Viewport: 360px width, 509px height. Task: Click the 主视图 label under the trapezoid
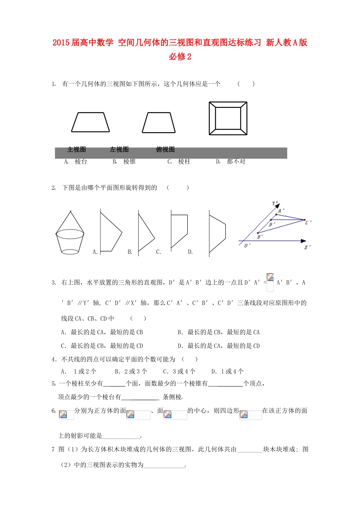point(77,150)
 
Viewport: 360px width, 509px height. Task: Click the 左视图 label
point(119,150)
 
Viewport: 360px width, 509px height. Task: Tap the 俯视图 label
point(165,150)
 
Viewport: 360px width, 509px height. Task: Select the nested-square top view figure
point(228,118)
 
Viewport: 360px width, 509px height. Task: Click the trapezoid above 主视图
point(91,122)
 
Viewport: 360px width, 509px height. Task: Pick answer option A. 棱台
point(76,162)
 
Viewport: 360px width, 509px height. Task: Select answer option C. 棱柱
point(179,162)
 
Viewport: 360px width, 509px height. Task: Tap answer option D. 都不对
point(231,162)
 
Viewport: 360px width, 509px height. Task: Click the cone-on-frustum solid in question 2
point(70,233)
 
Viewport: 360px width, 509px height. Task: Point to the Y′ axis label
point(275,204)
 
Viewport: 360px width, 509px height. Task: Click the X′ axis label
point(307,247)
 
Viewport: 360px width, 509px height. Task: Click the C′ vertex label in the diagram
point(308,222)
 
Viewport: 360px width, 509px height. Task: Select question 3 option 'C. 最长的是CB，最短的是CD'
point(102,346)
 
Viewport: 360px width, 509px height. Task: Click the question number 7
point(53,450)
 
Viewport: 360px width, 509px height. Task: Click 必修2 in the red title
point(180,56)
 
